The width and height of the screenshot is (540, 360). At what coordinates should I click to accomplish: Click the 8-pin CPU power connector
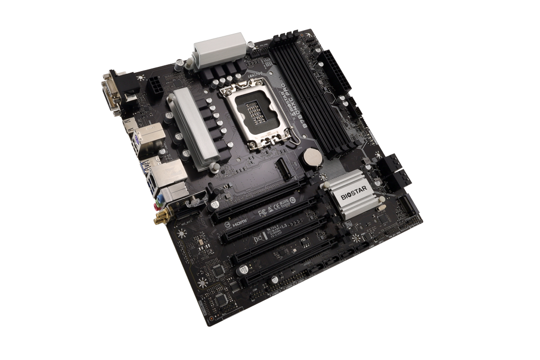tap(157, 85)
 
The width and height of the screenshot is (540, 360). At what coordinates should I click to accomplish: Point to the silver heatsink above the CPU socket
tap(222, 47)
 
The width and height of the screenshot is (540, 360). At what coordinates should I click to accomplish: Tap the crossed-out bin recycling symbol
tap(259, 239)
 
